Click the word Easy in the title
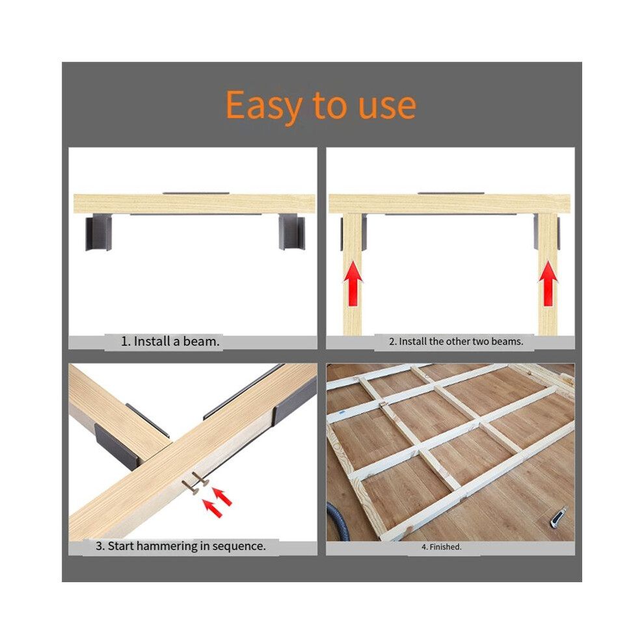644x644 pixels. click(x=265, y=106)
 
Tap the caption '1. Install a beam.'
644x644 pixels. click(x=170, y=342)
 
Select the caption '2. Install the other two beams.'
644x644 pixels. click(x=456, y=342)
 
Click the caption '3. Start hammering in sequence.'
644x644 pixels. click(x=181, y=546)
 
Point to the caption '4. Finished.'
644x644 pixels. click(x=442, y=547)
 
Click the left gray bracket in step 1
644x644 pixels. click(x=99, y=232)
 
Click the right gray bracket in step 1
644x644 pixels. click(x=291, y=232)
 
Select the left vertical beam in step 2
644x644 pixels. click(x=353, y=274)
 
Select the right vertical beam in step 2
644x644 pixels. click(x=548, y=274)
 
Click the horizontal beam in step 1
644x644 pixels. click(x=195, y=204)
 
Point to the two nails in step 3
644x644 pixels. click(x=195, y=483)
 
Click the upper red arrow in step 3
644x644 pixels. click(x=222, y=496)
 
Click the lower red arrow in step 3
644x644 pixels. click(x=213, y=508)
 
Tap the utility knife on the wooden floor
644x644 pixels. click(x=559, y=517)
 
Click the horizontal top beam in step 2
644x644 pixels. click(x=449, y=204)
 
